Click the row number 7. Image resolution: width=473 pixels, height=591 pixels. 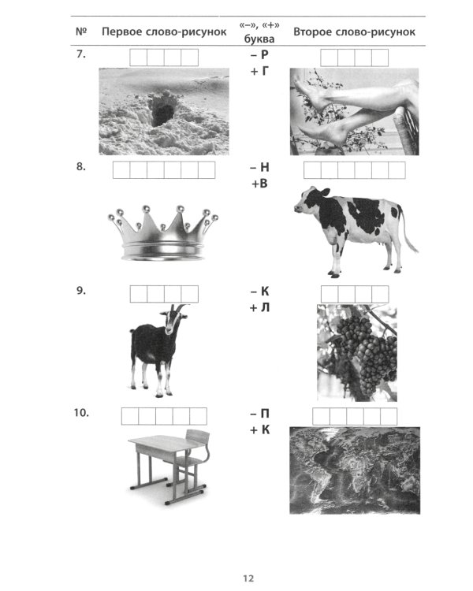(x=81, y=54)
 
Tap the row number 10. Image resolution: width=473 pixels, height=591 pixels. (x=81, y=413)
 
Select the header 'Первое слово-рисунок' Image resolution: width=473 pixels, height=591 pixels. (x=164, y=32)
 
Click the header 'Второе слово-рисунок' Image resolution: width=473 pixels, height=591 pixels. (x=354, y=32)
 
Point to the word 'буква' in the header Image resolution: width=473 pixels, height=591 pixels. (x=259, y=39)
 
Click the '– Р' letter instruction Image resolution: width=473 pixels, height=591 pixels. (x=259, y=54)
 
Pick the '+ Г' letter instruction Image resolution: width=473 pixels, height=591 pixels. (x=259, y=71)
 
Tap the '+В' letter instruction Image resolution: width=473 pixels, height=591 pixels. (x=259, y=184)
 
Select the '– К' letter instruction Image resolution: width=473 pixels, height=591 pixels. (x=259, y=292)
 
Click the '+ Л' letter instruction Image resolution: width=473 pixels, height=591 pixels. (x=259, y=308)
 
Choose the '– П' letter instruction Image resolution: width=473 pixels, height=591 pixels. (x=259, y=414)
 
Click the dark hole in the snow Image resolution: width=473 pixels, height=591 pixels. (x=162, y=114)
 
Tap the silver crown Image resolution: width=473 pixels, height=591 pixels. (x=163, y=233)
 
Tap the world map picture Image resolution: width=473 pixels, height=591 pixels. (x=355, y=470)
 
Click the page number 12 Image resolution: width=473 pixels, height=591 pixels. (x=248, y=578)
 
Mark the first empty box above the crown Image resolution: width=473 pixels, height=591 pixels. (x=121, y=170)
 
